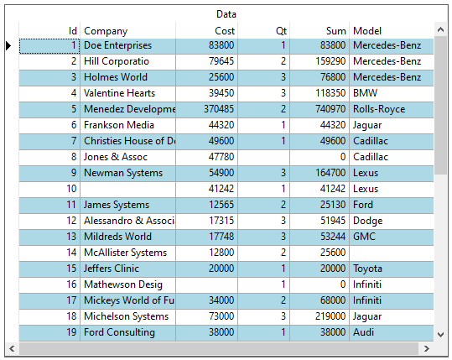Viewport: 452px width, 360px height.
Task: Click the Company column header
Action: pos(127,30)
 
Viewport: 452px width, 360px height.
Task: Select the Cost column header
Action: pos(206,30)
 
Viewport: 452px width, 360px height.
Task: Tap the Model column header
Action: pos(391,30)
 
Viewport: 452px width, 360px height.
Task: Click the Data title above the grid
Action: pos(226,14)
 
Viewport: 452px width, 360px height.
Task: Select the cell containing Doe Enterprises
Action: pos(127,45)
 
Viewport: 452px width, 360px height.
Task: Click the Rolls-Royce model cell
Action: pos(391,109)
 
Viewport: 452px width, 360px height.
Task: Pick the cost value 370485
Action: pos(206,109)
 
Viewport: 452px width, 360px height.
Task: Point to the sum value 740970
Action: pos(320,109)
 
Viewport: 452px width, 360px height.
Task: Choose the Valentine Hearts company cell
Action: pos(127,93)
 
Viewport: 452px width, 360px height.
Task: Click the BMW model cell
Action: pos(391,93)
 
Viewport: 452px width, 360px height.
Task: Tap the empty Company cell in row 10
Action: pos(127,189)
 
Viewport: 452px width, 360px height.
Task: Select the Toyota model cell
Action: pos(391,269)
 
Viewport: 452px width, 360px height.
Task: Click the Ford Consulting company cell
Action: pos(127,332)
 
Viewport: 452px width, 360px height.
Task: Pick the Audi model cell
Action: pos(391,332)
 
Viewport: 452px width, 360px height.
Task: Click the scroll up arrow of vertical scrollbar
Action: pos(440,29)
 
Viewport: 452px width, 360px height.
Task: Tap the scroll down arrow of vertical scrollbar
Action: pos(440,335)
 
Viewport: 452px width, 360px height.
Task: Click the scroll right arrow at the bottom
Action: pos(426,348)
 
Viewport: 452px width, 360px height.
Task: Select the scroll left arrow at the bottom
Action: pos(12,348)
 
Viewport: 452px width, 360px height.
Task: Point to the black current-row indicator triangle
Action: pos(8,45)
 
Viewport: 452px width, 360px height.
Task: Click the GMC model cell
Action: pos(391,237)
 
